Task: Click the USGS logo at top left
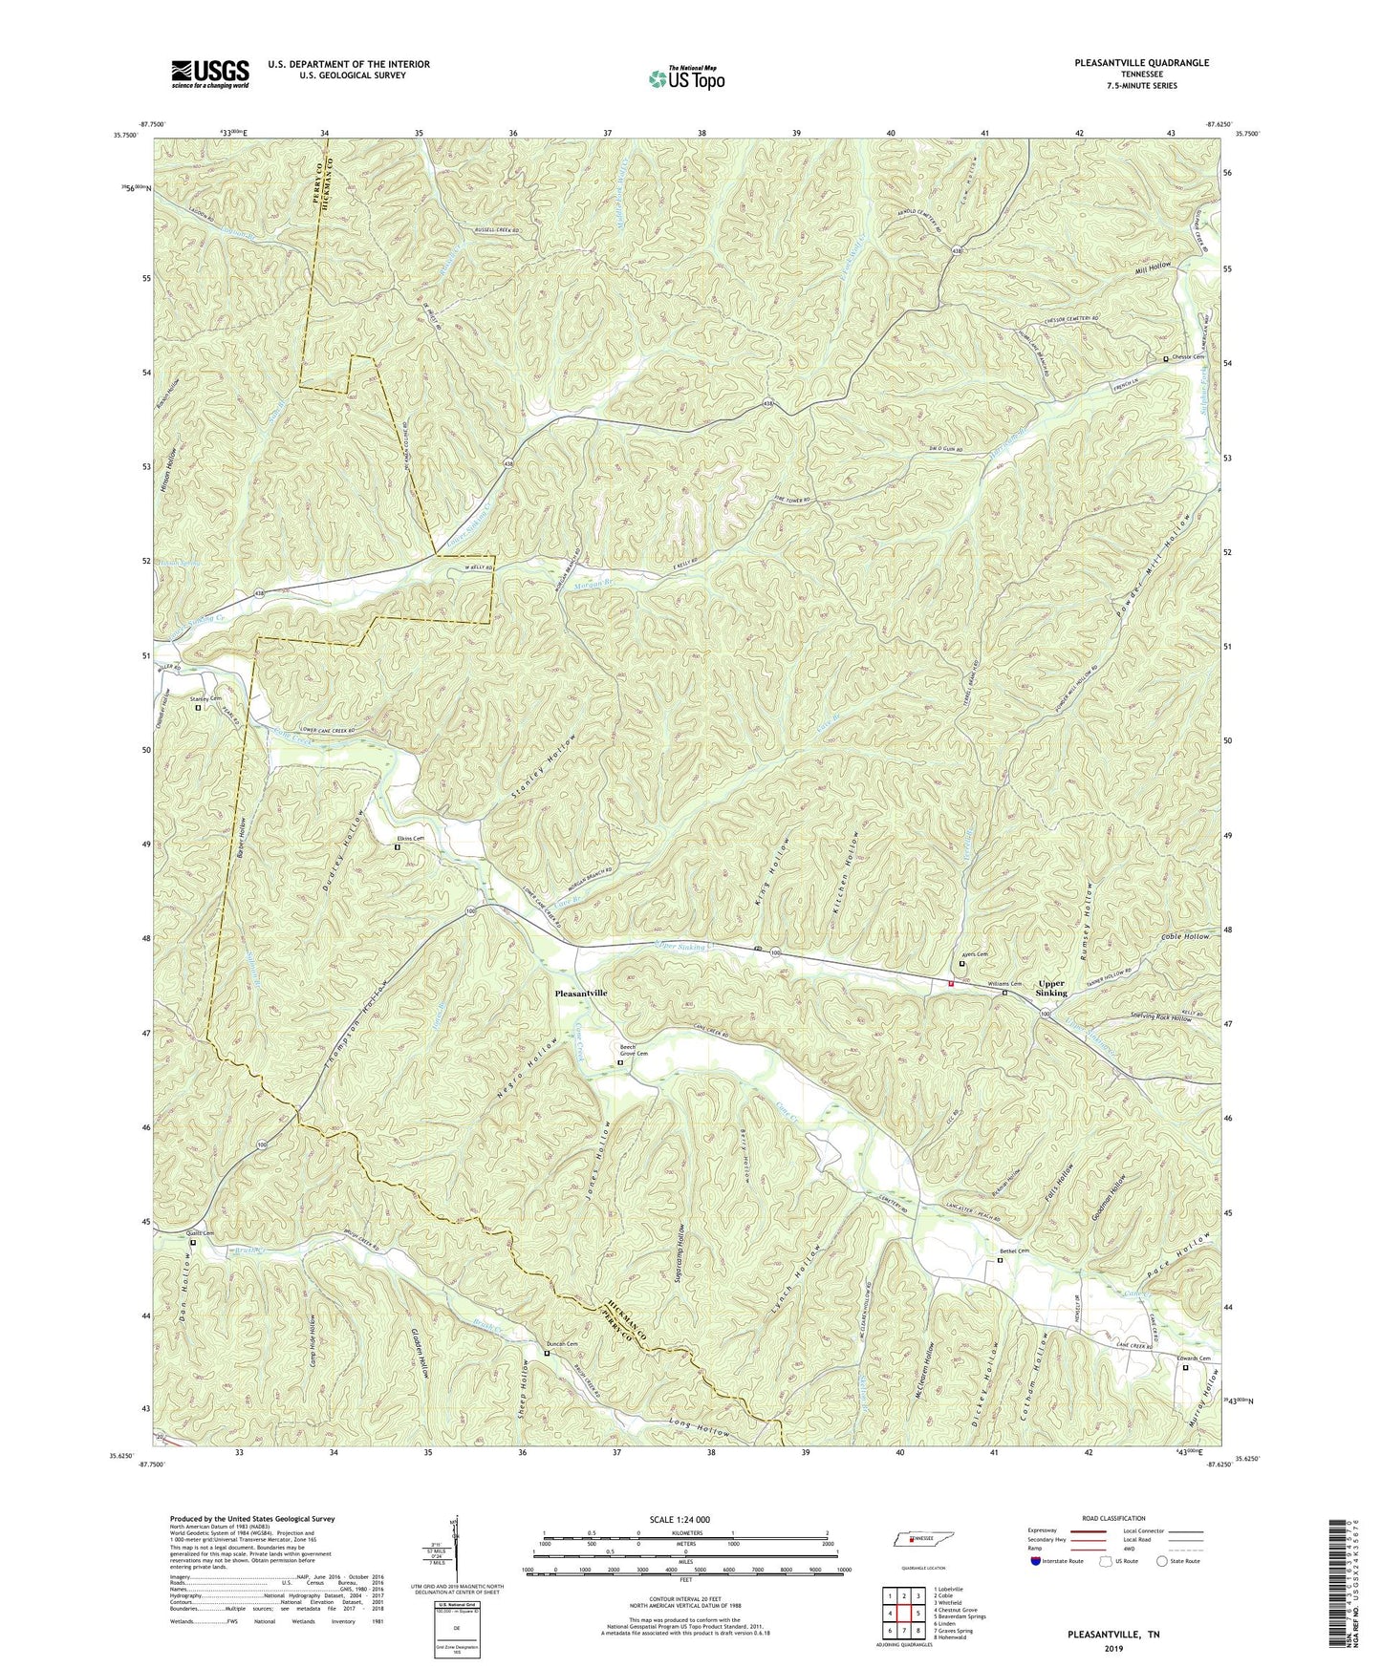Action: point(209,73)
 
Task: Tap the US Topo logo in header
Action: point(685,78)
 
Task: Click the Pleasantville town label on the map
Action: point(581,993)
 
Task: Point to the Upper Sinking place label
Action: point(1052,987)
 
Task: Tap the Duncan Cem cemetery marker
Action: point(547,1353)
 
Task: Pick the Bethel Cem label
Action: point(1014,1251)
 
